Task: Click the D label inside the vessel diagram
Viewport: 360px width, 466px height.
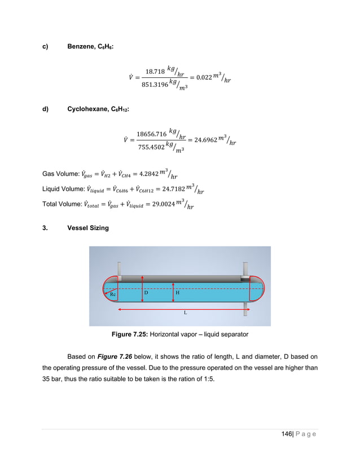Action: tap(146, 293)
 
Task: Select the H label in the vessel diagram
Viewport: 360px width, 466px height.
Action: tap(178, 293)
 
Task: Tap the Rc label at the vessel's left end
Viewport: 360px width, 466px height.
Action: tap(113, 294)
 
